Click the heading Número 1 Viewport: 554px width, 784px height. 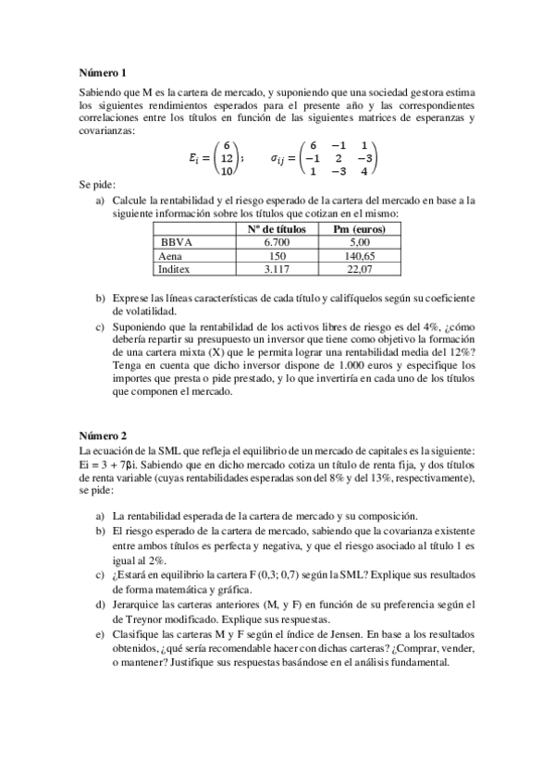(x=102, y=72)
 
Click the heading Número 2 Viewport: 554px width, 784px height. (x=102, y=435)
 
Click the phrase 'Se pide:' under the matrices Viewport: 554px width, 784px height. (x=97, y=185)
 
